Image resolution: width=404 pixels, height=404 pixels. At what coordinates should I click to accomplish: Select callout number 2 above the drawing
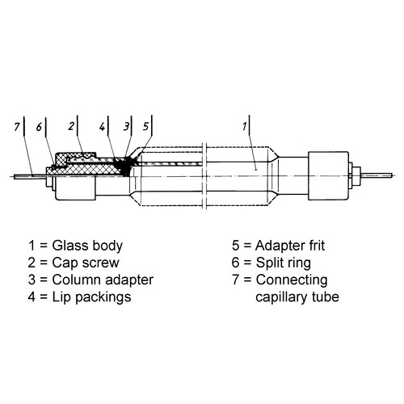pyautogui.click(x=72, y=128)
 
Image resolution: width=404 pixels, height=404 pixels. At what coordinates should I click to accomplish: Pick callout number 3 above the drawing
pyautogui.click(x=127, y=128)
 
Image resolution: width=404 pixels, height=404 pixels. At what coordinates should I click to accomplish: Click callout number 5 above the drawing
pyautogui.click(x=145, y=128)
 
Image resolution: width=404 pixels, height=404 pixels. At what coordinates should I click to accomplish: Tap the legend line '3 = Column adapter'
pyautogui.click(x=90, y=280)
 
